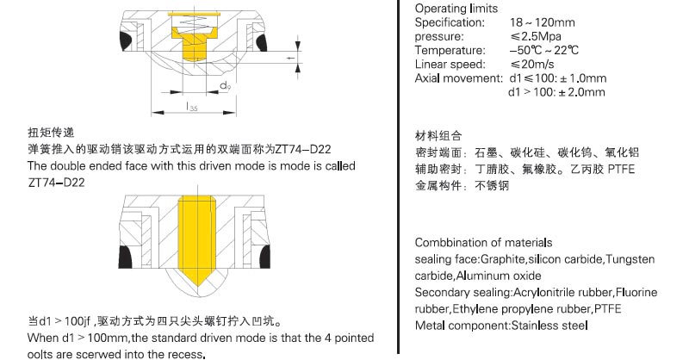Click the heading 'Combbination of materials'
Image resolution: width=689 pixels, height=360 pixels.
pos(483,243)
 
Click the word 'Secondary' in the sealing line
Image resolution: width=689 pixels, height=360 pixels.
pos(443,293)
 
